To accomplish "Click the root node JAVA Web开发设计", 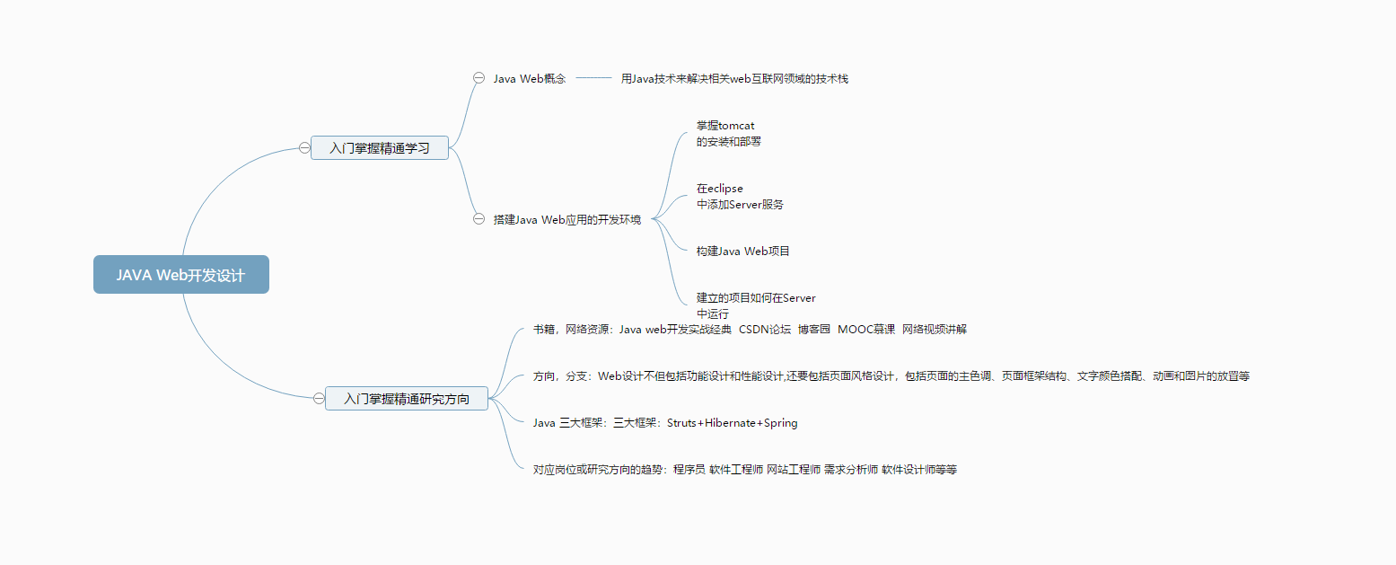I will click(180, 275).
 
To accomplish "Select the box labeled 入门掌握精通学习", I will click(380, 148).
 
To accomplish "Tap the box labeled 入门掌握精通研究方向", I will click(406, 399).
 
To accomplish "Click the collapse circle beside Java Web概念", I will click(479, 78).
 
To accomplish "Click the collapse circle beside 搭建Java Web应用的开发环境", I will click(479, 219).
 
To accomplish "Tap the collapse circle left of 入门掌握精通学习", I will click(304, 148).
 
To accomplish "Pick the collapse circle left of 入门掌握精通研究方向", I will click(319, 399).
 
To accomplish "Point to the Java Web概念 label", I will click(530, 79).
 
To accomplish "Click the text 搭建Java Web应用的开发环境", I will click(567, 220).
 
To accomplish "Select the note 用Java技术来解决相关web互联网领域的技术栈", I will click(734, 79).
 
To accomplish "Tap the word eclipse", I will click(725, 189).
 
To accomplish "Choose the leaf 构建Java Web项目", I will click(743, 252).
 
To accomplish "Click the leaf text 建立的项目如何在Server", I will click(756, 298).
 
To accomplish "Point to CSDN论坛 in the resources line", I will click(765, 330).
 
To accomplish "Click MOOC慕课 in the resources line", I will click(866, 330).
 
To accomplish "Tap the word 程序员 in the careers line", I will click(689, 470).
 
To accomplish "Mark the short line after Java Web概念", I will click(593, 78).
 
